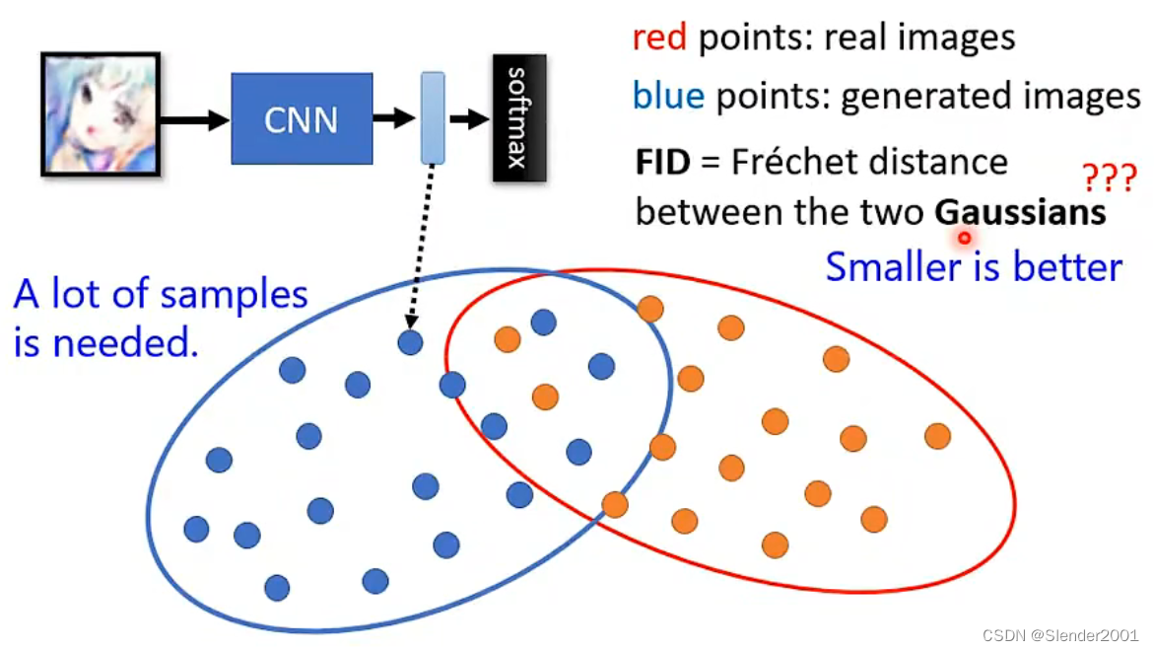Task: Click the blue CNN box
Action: pos(302,118)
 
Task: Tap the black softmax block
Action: pos(519,118)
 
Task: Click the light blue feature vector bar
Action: pos(433,117)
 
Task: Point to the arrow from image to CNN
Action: pos(194,119)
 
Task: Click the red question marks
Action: pos(1109,179)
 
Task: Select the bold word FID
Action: pos(662,162)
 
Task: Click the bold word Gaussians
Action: pos(1020,212)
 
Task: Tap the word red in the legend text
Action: pos(660,38)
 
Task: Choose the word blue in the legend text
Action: pos(668,96)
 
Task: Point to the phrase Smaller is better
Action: pos(974,266)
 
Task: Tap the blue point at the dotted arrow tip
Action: pos(411,342)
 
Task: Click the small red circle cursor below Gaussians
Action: pos(965,237)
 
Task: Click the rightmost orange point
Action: pos(937,435)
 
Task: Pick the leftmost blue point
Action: pos(197,529)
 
